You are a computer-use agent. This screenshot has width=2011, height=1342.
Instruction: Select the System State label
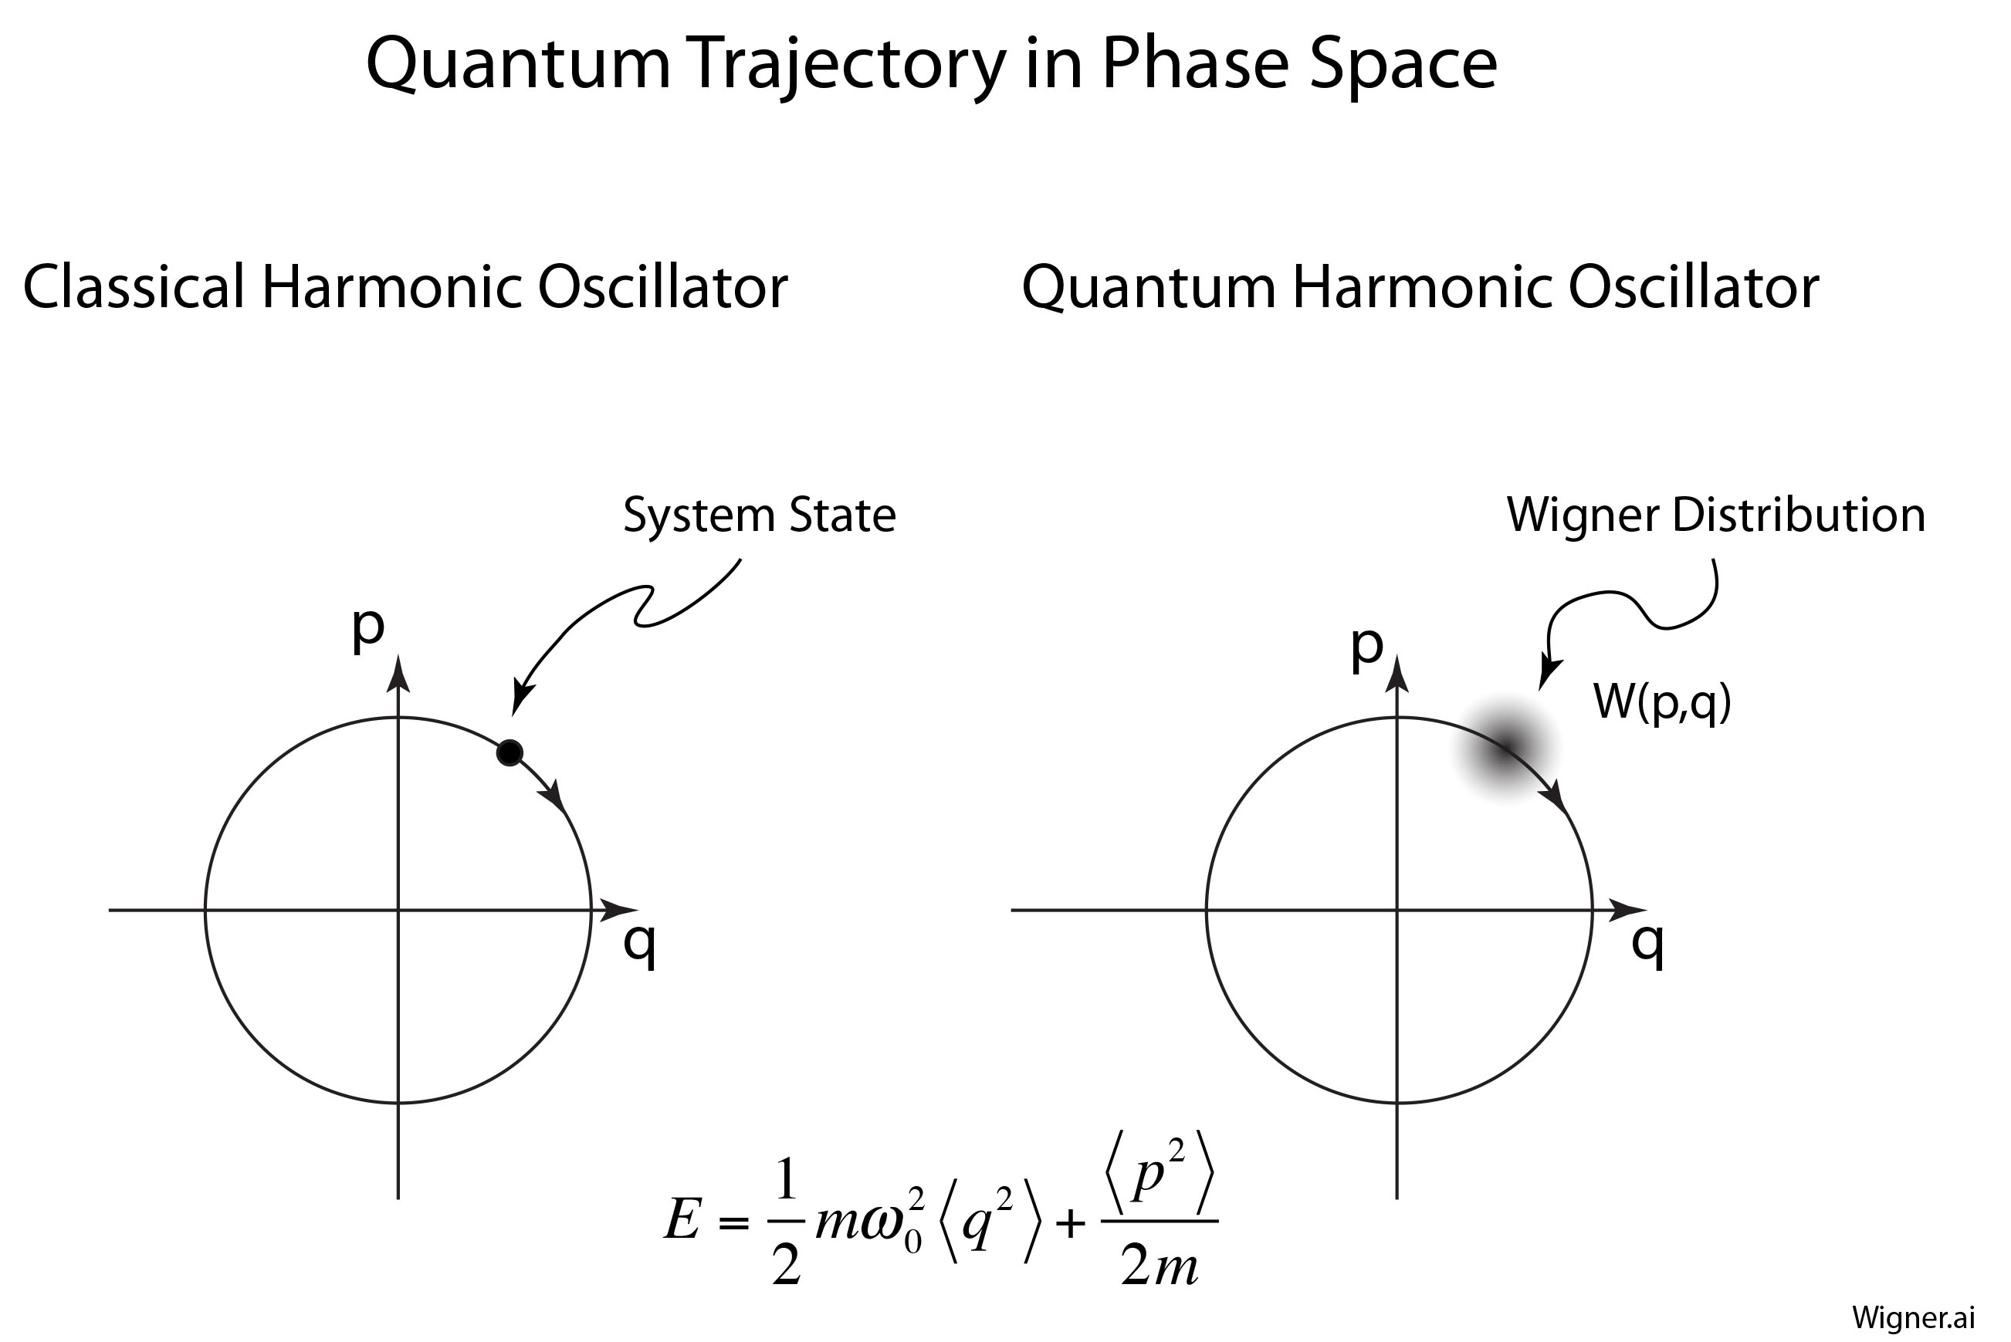(759, 516)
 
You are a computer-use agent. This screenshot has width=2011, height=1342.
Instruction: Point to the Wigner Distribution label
(1715, 516)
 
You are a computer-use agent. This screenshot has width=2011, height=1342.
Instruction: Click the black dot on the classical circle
(510, 753)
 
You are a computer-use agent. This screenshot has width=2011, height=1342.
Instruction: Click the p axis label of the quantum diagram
(1366, 646)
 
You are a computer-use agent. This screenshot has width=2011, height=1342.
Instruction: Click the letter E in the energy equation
(682, 1219)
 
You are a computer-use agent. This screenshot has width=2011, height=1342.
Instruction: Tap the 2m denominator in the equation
(1160, 1264)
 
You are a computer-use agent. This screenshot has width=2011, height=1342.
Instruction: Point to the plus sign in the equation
(1070, 1224)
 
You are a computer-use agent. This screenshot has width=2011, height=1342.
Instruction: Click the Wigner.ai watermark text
(1914, 1317)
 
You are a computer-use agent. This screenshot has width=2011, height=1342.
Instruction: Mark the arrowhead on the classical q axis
(618, 910)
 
